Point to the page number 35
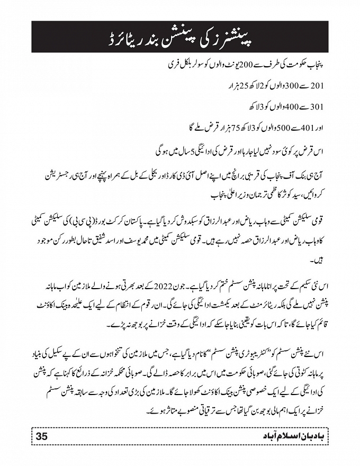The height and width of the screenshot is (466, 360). click(x=42, y=436)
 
